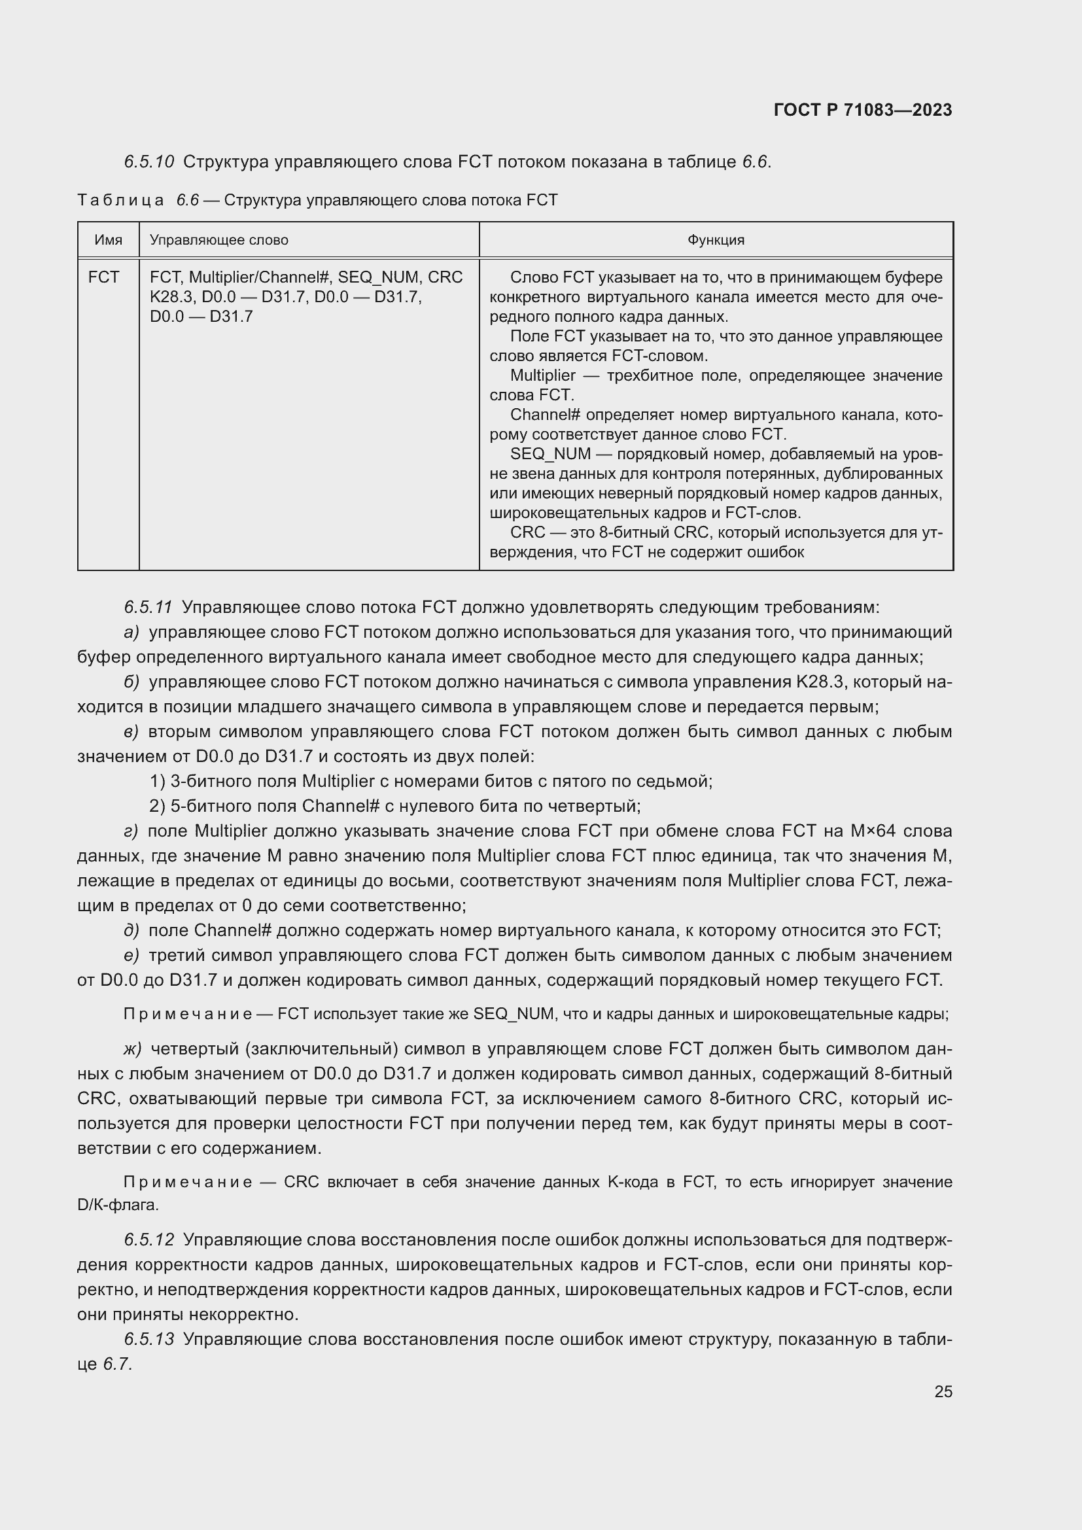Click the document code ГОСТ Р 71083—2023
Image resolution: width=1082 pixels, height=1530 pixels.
(863, 111)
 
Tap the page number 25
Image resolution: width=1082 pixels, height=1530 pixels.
(943, 1391)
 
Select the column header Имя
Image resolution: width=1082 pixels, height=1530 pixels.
(108, 240)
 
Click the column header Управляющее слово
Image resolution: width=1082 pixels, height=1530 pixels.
(218, 240)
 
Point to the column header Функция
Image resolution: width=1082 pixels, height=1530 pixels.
(716, 240)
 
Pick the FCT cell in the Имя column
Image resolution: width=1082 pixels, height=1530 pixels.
(103, 277)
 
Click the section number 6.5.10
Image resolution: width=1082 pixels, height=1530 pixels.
(148, 162)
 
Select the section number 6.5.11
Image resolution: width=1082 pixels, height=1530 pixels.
(148, 607)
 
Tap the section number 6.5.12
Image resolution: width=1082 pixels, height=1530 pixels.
(148, 1240)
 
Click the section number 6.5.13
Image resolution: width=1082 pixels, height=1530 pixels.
(148, 1339)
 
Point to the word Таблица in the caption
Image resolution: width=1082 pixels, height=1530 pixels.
(120, 200)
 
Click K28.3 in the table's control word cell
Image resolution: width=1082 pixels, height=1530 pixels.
(167, 296)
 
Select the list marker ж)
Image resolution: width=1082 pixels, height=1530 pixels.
(133, 1049)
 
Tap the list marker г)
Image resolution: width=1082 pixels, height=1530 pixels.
(131, 831)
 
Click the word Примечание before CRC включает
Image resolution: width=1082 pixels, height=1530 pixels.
(188, 1182)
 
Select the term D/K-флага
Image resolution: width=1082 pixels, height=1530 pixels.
(118, 1205)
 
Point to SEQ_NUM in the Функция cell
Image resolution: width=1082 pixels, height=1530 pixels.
(550, 454)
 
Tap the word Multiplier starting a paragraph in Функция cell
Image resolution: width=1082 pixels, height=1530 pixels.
(542, 375)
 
